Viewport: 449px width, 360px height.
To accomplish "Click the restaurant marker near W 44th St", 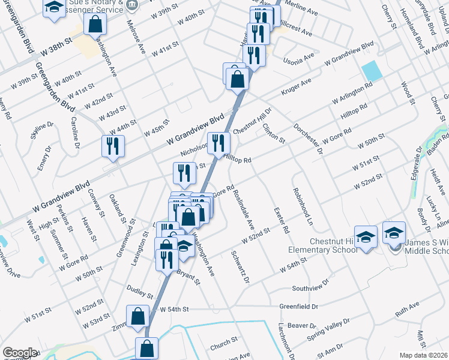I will click(x=113, y=146).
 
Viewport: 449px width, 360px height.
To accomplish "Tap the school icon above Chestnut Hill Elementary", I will click(x=366, y=236).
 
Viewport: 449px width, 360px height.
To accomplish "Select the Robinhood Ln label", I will click(x=303, y=206).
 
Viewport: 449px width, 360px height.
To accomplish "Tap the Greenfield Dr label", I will click(x=298, y=306).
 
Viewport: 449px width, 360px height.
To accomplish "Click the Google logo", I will click(x=20, y=353).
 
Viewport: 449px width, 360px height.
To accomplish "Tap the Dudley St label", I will click(x=140, y=292).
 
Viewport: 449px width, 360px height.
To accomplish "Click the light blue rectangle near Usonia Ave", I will click(x=372, y=72).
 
